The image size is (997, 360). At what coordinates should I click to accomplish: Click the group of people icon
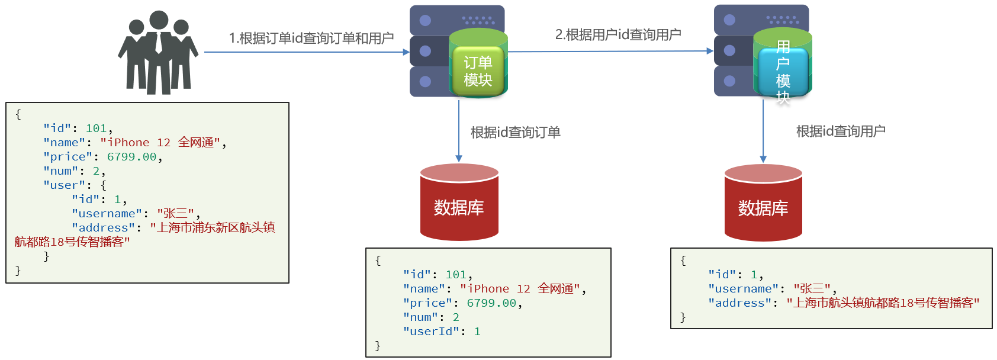158,53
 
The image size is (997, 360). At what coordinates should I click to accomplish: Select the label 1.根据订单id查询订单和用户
311,38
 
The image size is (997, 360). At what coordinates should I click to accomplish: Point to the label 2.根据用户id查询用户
618,35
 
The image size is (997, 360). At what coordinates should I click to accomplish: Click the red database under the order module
459,204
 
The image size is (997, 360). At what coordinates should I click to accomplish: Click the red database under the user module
763,204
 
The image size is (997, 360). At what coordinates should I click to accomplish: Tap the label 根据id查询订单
515,132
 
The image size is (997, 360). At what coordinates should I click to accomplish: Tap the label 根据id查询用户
841,131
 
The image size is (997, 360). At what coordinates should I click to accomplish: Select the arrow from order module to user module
610,52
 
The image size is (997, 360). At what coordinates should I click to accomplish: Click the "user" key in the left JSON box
64,185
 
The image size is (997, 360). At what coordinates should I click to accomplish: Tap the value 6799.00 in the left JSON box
131,157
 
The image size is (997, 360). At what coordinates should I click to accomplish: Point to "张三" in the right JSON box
812,289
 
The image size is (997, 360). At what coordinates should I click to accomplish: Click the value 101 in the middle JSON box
456,275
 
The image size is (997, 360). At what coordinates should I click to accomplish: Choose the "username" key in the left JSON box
107,214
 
